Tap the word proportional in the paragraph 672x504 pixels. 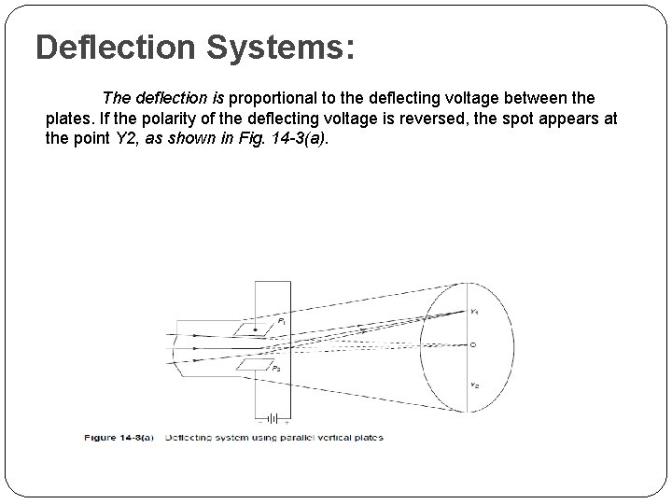tap(280, 98)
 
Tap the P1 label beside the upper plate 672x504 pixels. tap(282, 321)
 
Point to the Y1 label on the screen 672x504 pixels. tap(474, 311)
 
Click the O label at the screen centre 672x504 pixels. tap(474, 345)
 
